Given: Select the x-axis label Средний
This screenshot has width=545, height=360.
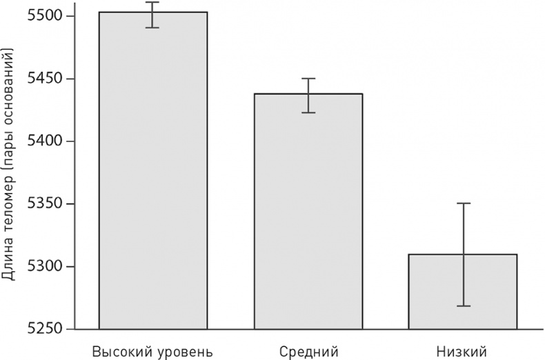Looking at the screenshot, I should [x=309, y=350].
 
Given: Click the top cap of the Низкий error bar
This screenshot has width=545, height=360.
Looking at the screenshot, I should [x=463, y=203].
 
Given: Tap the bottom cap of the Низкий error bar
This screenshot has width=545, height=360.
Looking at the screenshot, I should [x=463, y=306].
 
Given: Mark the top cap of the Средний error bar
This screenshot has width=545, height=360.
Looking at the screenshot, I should [x=308, y=79].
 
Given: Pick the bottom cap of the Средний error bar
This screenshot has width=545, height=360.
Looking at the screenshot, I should [x=308, y=112].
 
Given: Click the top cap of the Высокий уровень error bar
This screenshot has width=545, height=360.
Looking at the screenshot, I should [x=153, y=2].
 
